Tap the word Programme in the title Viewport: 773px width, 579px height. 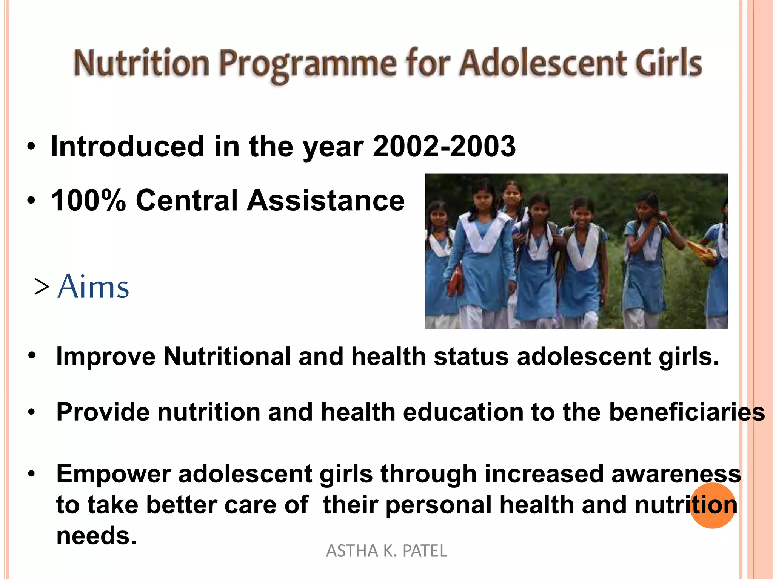pyautogui.click(x=308, y=64)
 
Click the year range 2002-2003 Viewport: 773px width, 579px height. pyautogui.click(x=444, y=146)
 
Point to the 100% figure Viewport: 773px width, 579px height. pyautogui.click(x=88, y=200)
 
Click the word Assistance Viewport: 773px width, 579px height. pyautogui.click(x=325, y=200)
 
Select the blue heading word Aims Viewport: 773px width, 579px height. pyautogui.click(x=94, y=287)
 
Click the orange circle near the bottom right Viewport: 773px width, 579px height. pyautogui.click(x=713, y=505)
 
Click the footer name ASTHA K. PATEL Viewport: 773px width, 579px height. pyautogui.click(x=386, y=551)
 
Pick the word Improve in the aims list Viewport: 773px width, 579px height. pyautogui.click(x=106, y=357)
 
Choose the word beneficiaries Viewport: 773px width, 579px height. pyautogui.click(x=687, y=412)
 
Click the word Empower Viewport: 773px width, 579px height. pyautogui.click(x=113, y=474)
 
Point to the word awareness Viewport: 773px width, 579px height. pyautogui.click(x=676, y=474)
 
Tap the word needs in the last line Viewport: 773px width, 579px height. pyautogui.click(x=96, y=536)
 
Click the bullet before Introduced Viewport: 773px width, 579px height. pyautogui.click(x=32, y=147)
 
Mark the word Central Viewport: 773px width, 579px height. pyautogui.click(x=186, y=200)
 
